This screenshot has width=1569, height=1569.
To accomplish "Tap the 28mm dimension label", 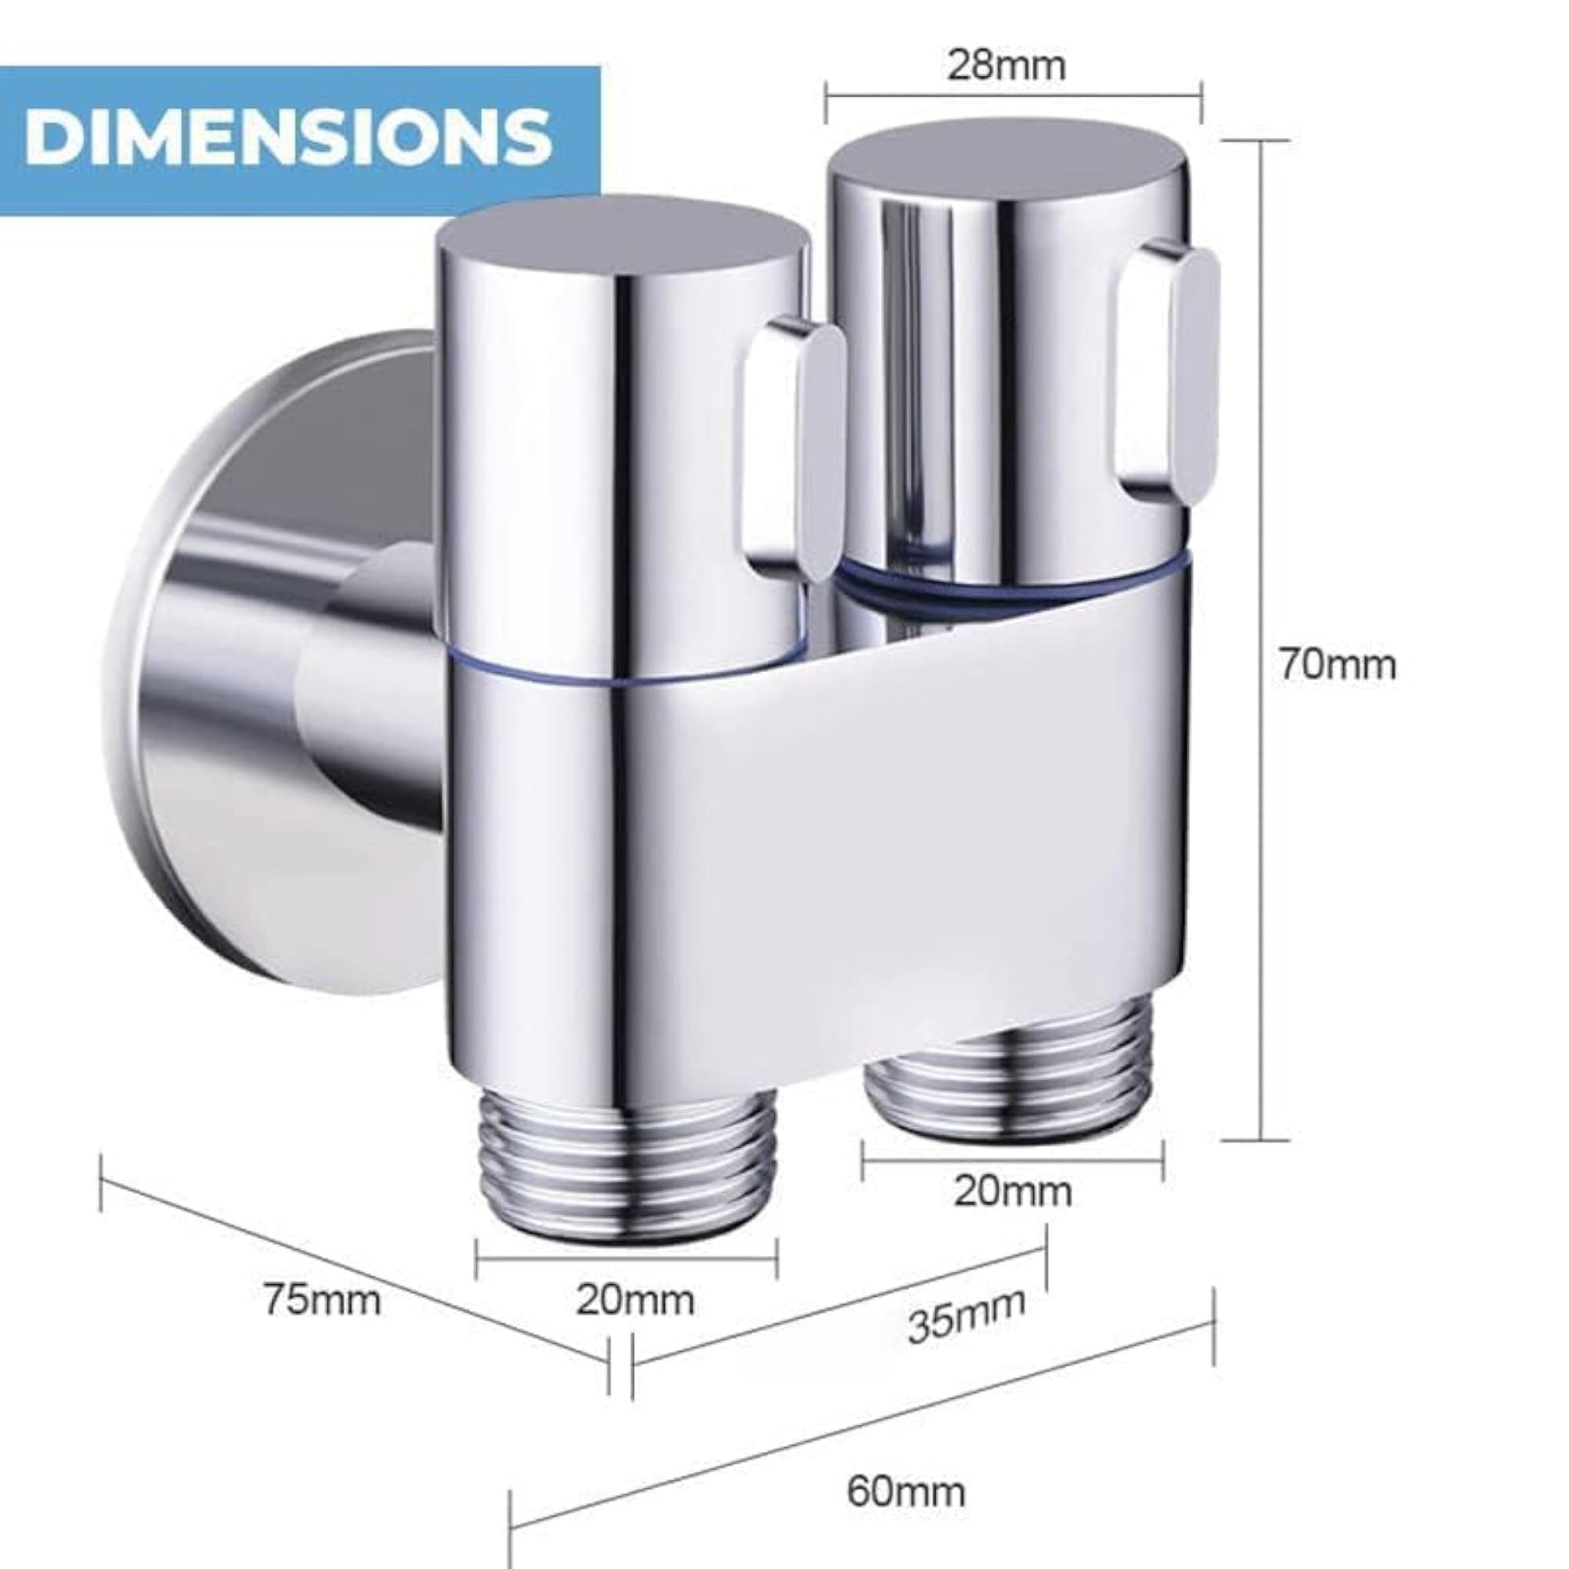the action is [1007, 65].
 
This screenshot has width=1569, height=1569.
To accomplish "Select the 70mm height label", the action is [1337, 665].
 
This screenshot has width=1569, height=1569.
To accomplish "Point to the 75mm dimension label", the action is [323, 1301].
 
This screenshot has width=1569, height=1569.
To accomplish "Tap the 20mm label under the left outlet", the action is [635, 1301].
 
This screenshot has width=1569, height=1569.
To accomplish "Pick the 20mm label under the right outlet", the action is [1012, 1192].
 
